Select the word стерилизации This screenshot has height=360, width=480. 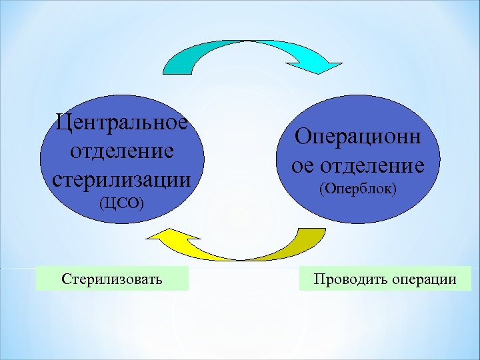tap(121, 179)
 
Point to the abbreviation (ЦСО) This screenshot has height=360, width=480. tap(121, 203)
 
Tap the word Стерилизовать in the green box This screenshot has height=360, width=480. tap(112, 278)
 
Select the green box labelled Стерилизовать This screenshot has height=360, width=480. tap(112, 278)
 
